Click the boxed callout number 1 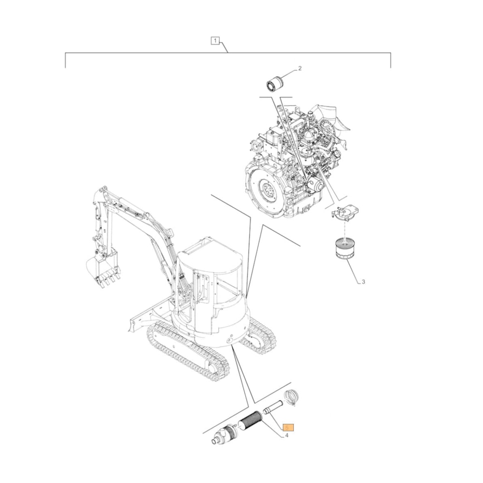[215, 41]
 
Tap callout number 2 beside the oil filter [299, 69]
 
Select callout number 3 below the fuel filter [363, 282]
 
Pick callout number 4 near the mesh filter [286, 435]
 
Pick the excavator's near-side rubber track [186, 353]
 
